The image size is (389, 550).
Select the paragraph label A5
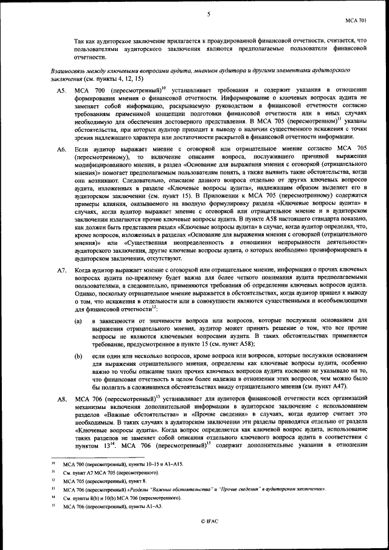(x=61, y=91)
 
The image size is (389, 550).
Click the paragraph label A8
(x=61, y=399)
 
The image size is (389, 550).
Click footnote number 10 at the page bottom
(x=53, y=464)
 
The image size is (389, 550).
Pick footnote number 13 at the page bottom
(x=53, y=489)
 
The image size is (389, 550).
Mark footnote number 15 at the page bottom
(x=53, y=505)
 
